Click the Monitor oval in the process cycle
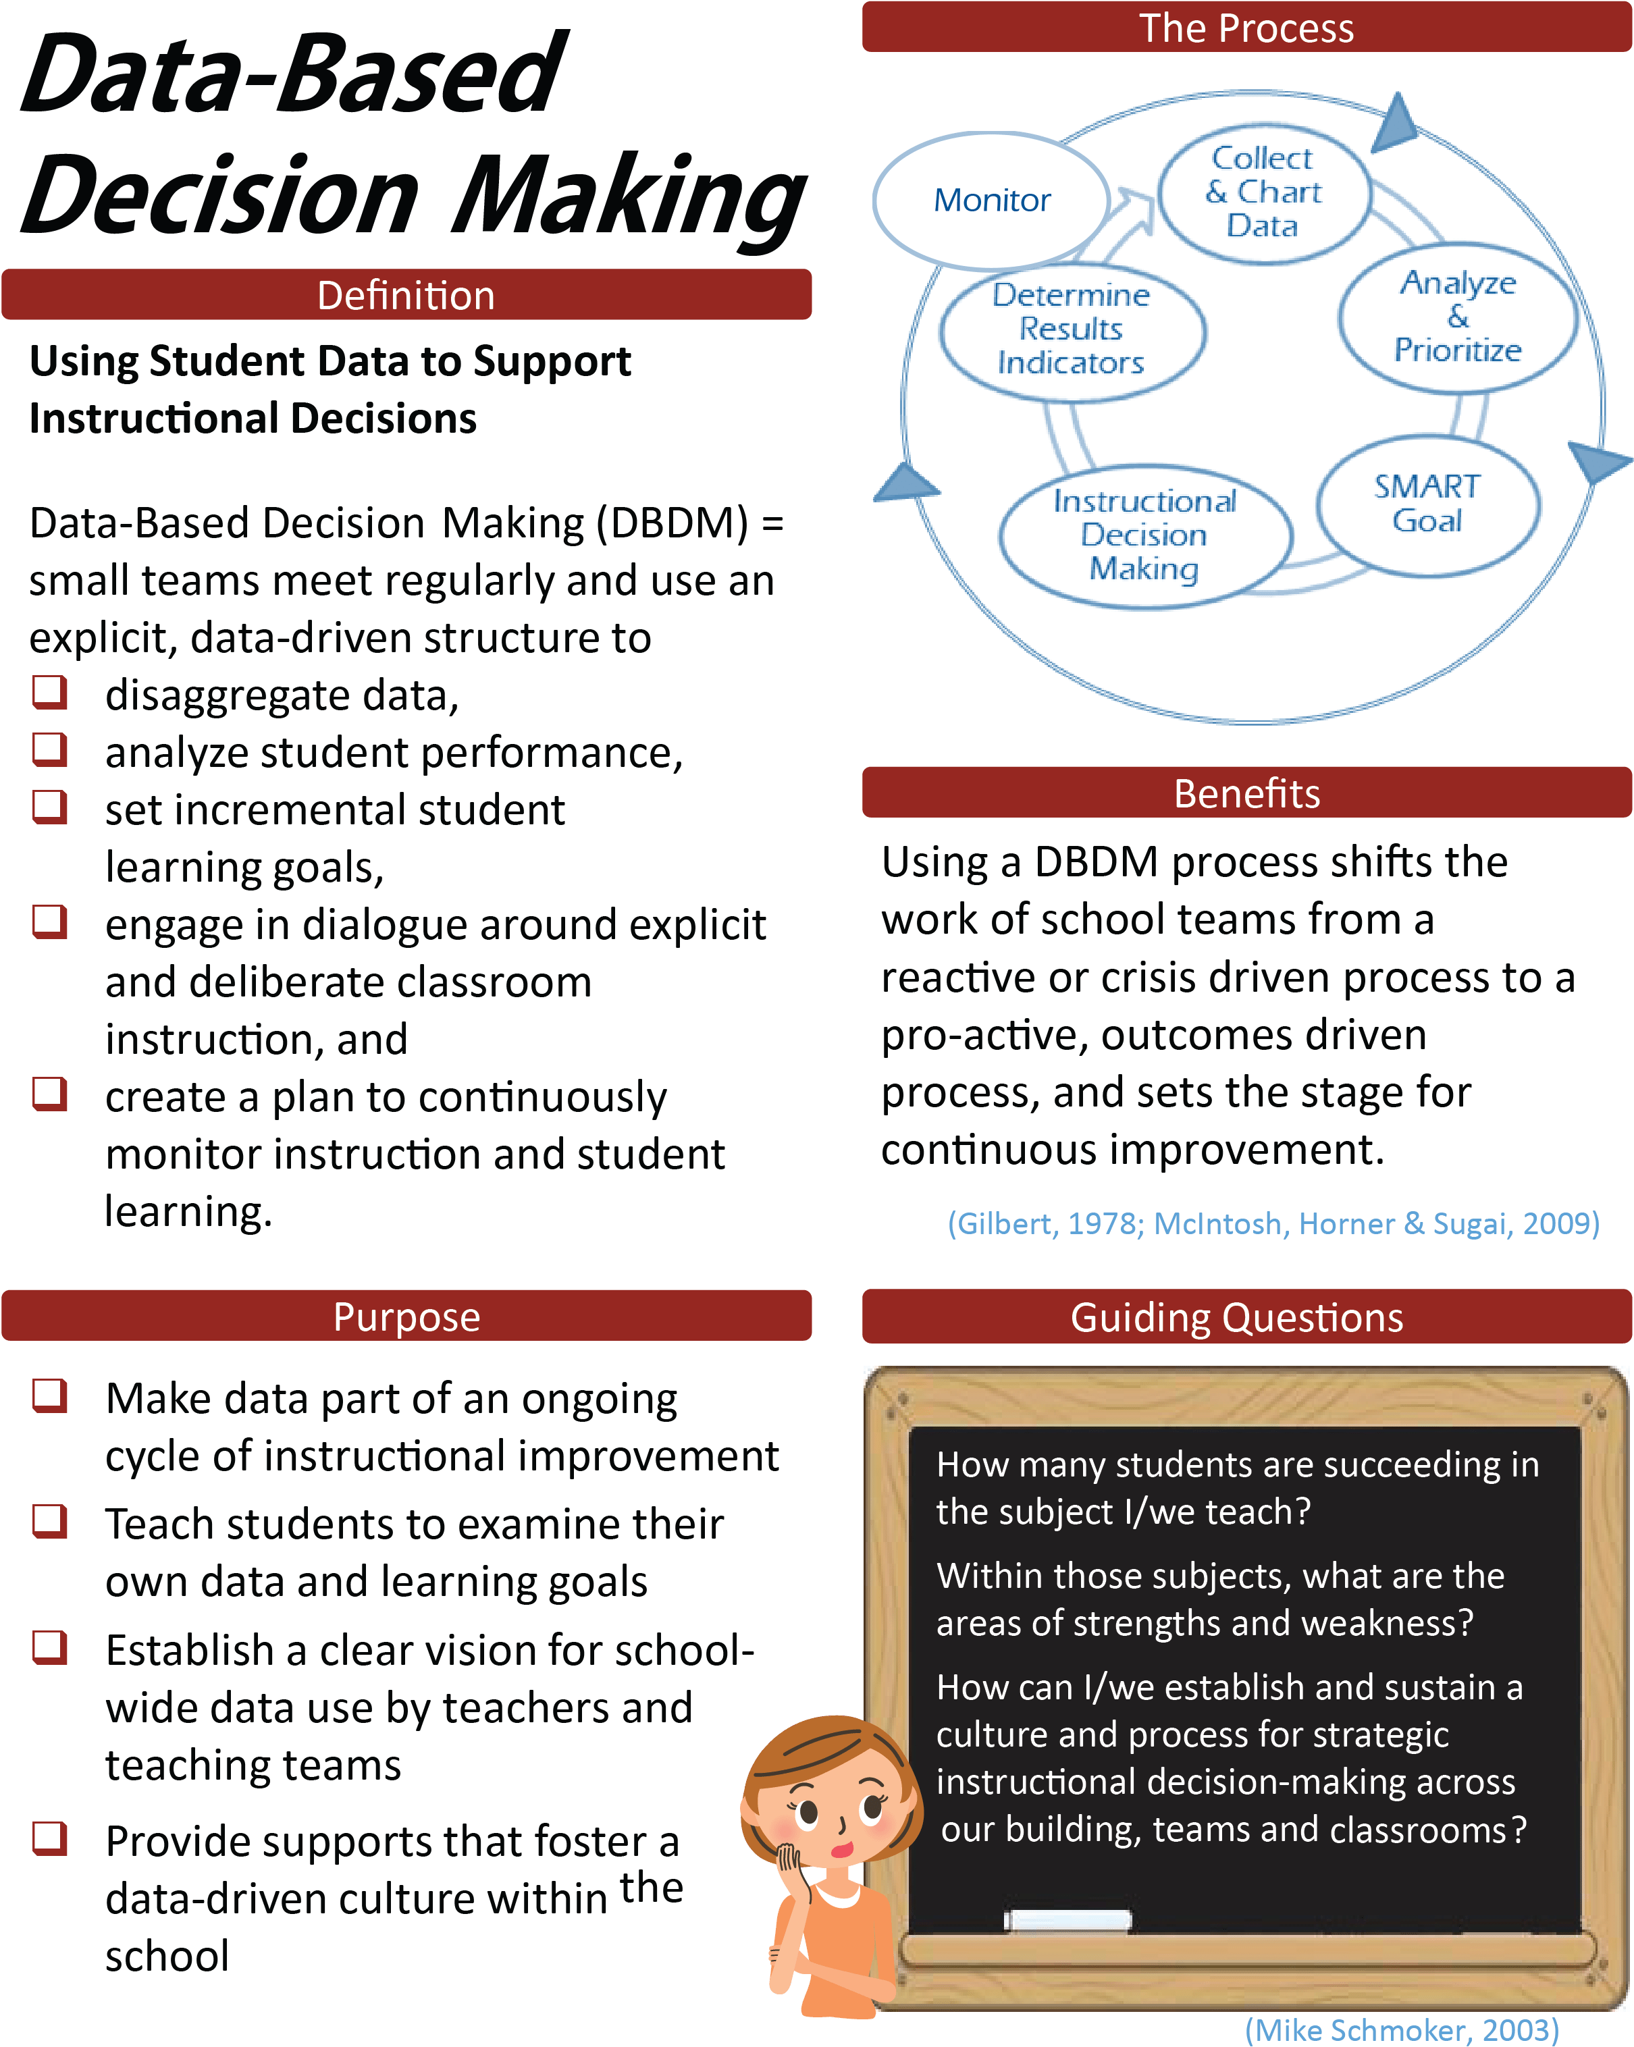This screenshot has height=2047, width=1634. (x=992, y=199)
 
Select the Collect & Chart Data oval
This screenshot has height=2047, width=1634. (x=1264, y=192)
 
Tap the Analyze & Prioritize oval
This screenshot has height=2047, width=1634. (x=1457, y=317)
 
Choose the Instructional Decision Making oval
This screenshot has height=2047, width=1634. (x=1145, y=535)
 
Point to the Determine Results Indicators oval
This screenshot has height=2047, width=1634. (x=1072, y=330)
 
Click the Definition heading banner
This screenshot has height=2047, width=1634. (x=406, y=295)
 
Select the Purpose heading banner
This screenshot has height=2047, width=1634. (x=406, y=1316)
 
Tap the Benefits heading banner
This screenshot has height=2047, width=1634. (x=1246, y=793)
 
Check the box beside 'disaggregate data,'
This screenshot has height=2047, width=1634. (x=49, y=692)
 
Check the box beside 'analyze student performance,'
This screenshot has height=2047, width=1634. (x=49, y=749)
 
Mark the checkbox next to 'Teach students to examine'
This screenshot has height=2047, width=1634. (x=49, y=1520)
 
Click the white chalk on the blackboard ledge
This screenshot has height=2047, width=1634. (x=1068, y=1920)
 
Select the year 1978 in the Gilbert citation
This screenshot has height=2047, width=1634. (x=1104, y=1223)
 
